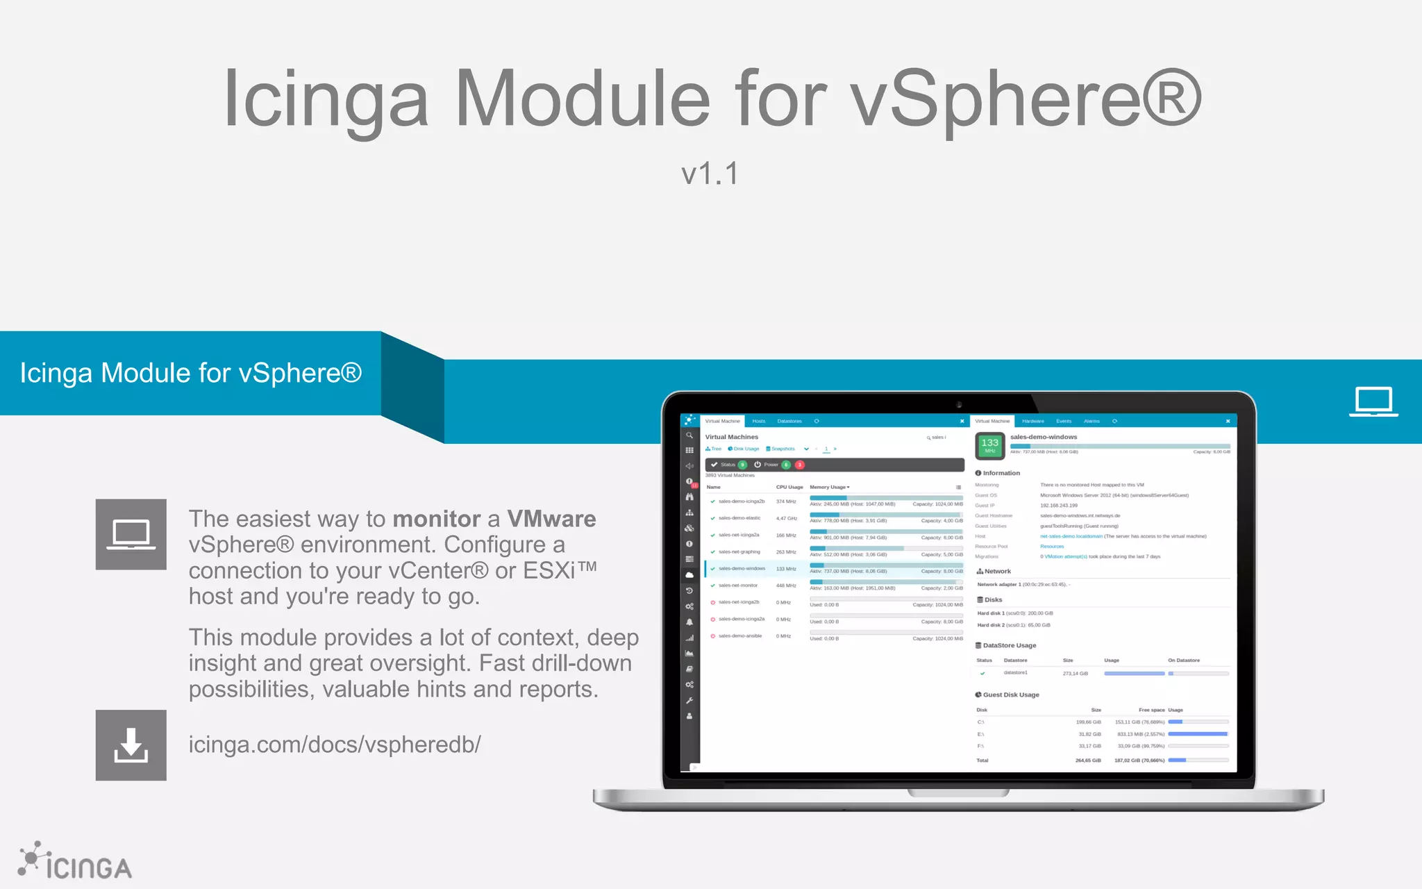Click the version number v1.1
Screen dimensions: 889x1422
pyautogui.click(x=710, y=174)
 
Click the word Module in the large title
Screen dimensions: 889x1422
pyautogui.click(x=582, y=99)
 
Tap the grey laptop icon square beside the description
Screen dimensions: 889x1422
pyautogui.click(x=131, y=534)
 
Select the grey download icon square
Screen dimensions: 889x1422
pyautogui.click(x=131, y=745)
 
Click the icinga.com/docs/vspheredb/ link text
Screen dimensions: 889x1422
pyautogui.click(x=335, y=745)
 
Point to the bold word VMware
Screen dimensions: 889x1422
pyautogui.click(x=551, y=519)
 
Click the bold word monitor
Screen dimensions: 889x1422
pyautogui.click(x=436, y=519)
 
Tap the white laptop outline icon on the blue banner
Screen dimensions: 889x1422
pyautogui.click(x=1373, y=401)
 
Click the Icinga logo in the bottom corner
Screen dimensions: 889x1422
pyautogui.click(x=75, y=863)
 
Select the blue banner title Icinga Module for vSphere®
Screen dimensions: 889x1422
pyautogui.click(x=191, y=373)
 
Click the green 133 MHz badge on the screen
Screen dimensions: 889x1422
pyautogui.click(x=989, y=445)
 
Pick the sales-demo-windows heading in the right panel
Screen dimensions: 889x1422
pyautogui.click(x=1044, y=437)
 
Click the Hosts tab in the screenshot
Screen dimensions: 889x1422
pyautogui.click(x=758, y=421)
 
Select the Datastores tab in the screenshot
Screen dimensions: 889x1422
pyautogui.click(x=789, y=421)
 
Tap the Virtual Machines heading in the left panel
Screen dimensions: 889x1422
pyautogui.click(x=732, y=437)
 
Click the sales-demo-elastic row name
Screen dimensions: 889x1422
pyautogui.click(x=739, y=518)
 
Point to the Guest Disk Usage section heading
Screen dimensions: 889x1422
pyautogui.click(x=1010, y=695)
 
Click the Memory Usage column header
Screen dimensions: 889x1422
pyautogui.click(x=828, y=487)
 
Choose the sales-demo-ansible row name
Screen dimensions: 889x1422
pyautogui.click(x=740, y=636)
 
